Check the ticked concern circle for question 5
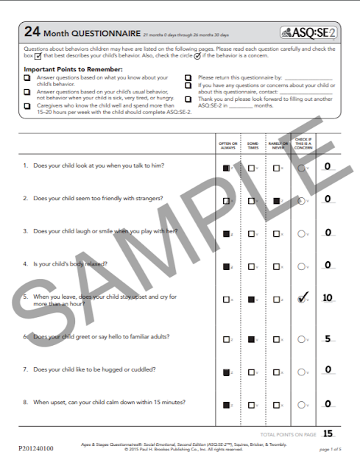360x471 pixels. coord(302,299)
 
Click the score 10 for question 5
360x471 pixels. coord(328,298)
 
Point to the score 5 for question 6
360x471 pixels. coord(327,339)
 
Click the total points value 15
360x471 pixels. coord(328,433)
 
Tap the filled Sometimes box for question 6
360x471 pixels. coord(252,339)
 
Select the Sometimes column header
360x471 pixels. coord(253,146)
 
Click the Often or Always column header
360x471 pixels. coord(228,146)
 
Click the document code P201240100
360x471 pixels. coord(33,446)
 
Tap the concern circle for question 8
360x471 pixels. coord(302,404)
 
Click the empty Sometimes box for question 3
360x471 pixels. coord(252,233)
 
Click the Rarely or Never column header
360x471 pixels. coord(278,146)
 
